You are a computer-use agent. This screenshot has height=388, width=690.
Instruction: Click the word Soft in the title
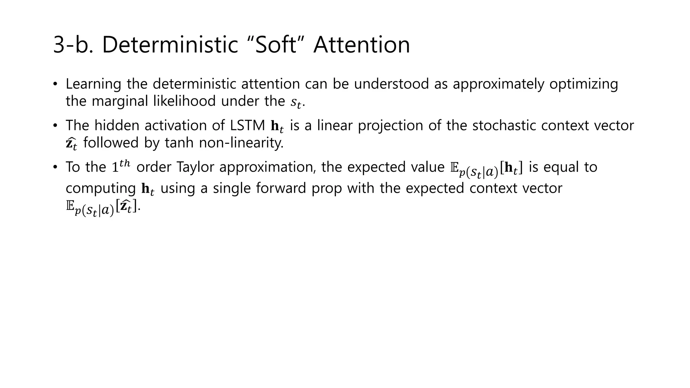point(276,44)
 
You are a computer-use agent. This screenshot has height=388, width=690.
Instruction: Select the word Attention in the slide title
point(362,44)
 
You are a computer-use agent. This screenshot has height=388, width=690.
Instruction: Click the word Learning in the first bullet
point(93,84)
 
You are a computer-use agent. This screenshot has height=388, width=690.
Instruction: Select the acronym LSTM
point(248,126)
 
